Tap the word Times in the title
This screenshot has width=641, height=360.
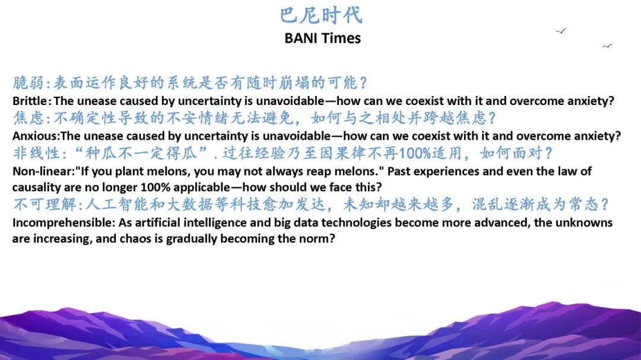(x=341, y=38)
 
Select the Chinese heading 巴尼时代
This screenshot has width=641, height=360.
(x=321, y=15)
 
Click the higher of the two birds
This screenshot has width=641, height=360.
(x=561, y=31)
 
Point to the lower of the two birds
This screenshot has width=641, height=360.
(x=608, y=46)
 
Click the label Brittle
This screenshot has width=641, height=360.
(x=30, y=101)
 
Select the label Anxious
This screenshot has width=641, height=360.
(x=35, y=136)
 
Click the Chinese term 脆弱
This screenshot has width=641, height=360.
(x=28, y=82)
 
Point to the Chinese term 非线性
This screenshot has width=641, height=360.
(x=36, y=153)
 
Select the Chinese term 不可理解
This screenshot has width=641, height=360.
(x=44, y=204)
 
